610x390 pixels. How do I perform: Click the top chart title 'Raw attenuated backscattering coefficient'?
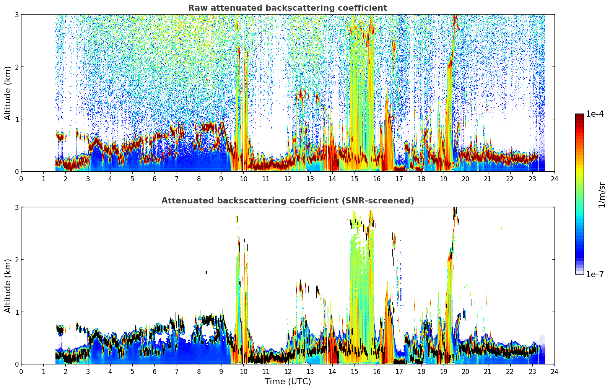pos(288,8)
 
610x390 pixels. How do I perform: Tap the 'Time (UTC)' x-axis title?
pos(288,381)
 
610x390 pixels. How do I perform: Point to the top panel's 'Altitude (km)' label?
pos(8,93)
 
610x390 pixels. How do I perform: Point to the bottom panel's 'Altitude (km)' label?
pos(8,286)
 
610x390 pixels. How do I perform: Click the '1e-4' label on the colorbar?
pos(595,114)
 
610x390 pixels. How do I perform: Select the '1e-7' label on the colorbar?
pos(595,274)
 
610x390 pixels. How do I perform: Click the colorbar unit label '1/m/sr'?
pos(602,195)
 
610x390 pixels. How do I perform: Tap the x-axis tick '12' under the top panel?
pos(288,179)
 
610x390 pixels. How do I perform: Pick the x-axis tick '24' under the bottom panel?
pos(555,372)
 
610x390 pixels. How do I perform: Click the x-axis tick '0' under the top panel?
pos(21,179)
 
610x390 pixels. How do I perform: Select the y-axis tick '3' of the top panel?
pos(16,15)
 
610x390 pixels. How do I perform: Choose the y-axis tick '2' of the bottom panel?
pos(16,260)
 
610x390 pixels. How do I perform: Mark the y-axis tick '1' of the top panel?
pos(16,119)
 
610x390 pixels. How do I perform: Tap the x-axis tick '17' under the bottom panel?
pos(399,372)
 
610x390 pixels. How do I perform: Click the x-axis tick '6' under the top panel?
pos(155,179)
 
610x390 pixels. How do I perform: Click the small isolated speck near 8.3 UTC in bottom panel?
pos(206,273)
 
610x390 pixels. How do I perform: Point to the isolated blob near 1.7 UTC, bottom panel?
pos(60,330)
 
